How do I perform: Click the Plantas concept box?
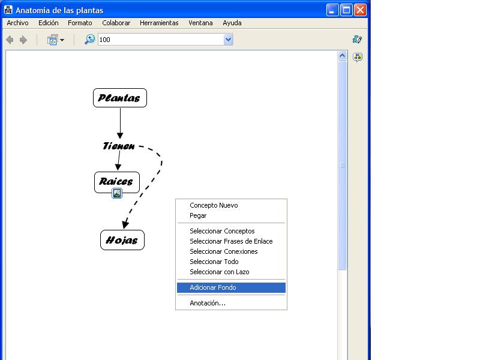click(x=119, y=98)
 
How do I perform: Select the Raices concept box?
click(x=116, y=182)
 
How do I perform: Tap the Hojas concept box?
click(x=122, y=240)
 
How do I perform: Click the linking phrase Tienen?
click(x=118, y=146)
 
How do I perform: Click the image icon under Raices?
click(x=116, y=193)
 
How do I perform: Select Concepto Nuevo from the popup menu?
click(x=214, y=205)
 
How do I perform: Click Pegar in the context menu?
click(x=198, y=215)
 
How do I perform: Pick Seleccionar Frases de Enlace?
click(x=231, y=241)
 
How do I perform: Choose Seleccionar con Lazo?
click(x=220, y=272)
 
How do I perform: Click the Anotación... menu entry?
click(x=208, y=303)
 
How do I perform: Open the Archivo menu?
click(x=17, y=23)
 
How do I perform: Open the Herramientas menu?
click(x=159, y=23)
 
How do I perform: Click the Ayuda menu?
click(x=232, y=23)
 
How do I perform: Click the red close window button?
click(x=361, y=10)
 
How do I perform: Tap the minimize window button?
click(x=332, y=10)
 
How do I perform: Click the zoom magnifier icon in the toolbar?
click(x=89, y=40)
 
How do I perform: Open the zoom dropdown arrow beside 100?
click(x=229, y=40)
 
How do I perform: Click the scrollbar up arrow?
click(x=342, y=55)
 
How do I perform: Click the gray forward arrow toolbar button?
click(x=23, y=40)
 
